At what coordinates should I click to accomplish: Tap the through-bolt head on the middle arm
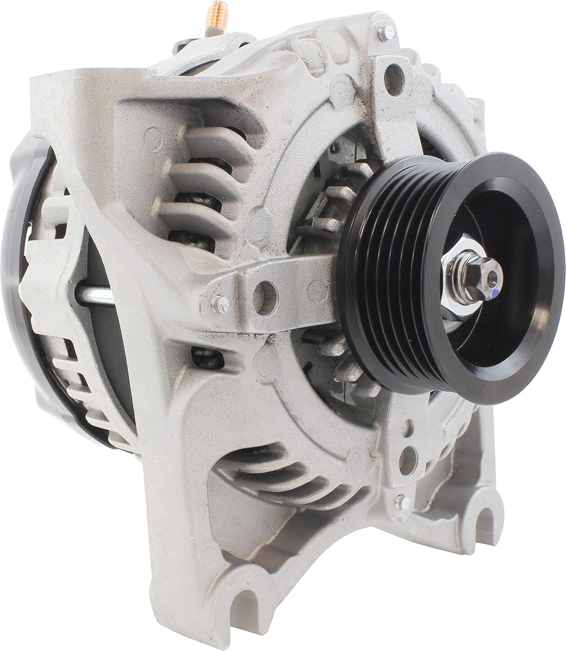point(218,302)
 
